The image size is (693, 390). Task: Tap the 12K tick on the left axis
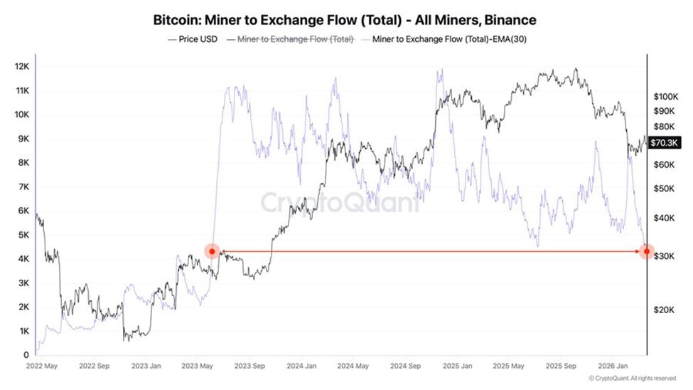[x=21, y=66]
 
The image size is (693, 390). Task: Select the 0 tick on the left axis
[x=26, y=355]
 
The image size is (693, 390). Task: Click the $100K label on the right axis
[x=666, y=96]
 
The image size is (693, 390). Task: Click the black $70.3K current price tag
[x=665, y=143]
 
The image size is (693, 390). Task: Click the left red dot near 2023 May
[x=212, y=251]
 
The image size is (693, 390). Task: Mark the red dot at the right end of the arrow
[x=646, y=251]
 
